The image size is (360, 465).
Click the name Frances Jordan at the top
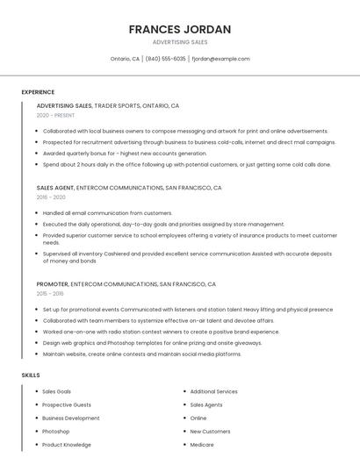180,29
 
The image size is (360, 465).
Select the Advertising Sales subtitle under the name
180,42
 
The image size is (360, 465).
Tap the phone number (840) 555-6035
166,59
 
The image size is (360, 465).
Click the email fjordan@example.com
220,59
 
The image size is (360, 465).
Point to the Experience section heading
38,91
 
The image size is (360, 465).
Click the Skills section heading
31,375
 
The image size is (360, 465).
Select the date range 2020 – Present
55,115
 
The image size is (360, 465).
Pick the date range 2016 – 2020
51,197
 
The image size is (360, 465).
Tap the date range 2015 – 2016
50,294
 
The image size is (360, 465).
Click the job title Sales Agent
55,188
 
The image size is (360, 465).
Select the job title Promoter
52,284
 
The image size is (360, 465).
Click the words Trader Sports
117,105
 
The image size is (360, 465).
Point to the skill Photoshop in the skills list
55,432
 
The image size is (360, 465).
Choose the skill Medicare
202,445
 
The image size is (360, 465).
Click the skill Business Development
70,418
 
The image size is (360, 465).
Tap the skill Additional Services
213,391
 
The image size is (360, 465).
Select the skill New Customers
210,432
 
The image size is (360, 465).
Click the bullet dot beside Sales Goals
35,391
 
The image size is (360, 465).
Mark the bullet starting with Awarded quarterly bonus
124,153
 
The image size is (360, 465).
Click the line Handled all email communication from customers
107,213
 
